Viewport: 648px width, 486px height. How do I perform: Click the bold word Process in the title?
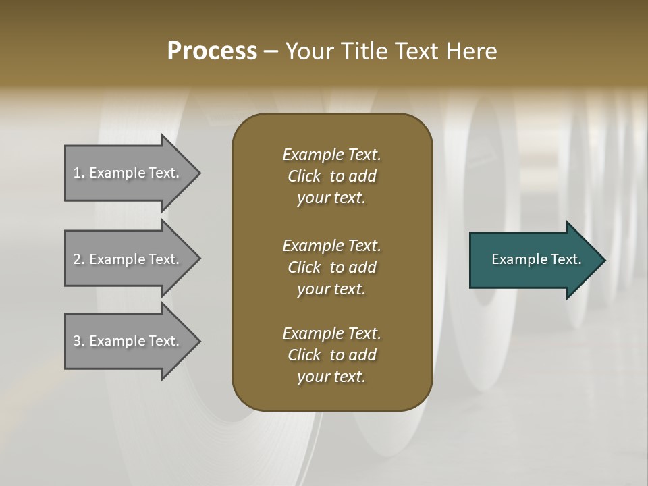point(212,51)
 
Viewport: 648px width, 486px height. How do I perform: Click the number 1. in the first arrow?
point(78,173)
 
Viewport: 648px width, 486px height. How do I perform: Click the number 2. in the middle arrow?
point(78,259)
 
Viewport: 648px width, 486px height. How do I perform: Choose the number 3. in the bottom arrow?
point(78,341)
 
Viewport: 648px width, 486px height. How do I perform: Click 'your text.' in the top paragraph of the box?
point(331,198)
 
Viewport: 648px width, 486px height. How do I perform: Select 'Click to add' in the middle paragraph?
point(331,267)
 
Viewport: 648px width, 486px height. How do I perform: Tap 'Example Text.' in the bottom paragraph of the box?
point(331,333)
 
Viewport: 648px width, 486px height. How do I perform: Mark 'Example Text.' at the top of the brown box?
point(331,155)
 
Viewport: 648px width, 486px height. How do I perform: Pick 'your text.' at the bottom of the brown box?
point(331,377)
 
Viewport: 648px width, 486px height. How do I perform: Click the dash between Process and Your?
point(271,51)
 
